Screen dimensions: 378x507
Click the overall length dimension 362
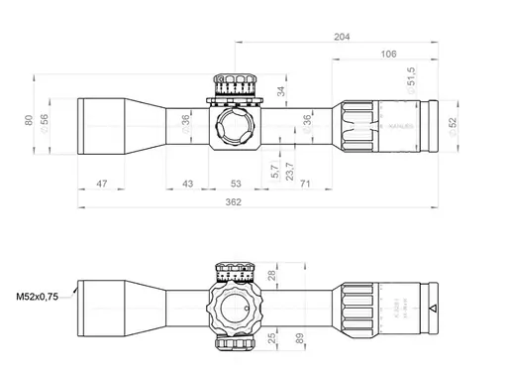[233, 202]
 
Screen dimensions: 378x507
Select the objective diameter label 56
[44, 120]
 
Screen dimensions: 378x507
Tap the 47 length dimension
[101, 184]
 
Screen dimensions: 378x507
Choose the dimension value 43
[187, 184]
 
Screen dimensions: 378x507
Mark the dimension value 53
[236, 184]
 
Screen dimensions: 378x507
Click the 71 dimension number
[305, 184]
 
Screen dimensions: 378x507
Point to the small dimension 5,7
[274, 172]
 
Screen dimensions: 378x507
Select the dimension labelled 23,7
[288, 170]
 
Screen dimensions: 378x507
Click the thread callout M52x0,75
[38, 295]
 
